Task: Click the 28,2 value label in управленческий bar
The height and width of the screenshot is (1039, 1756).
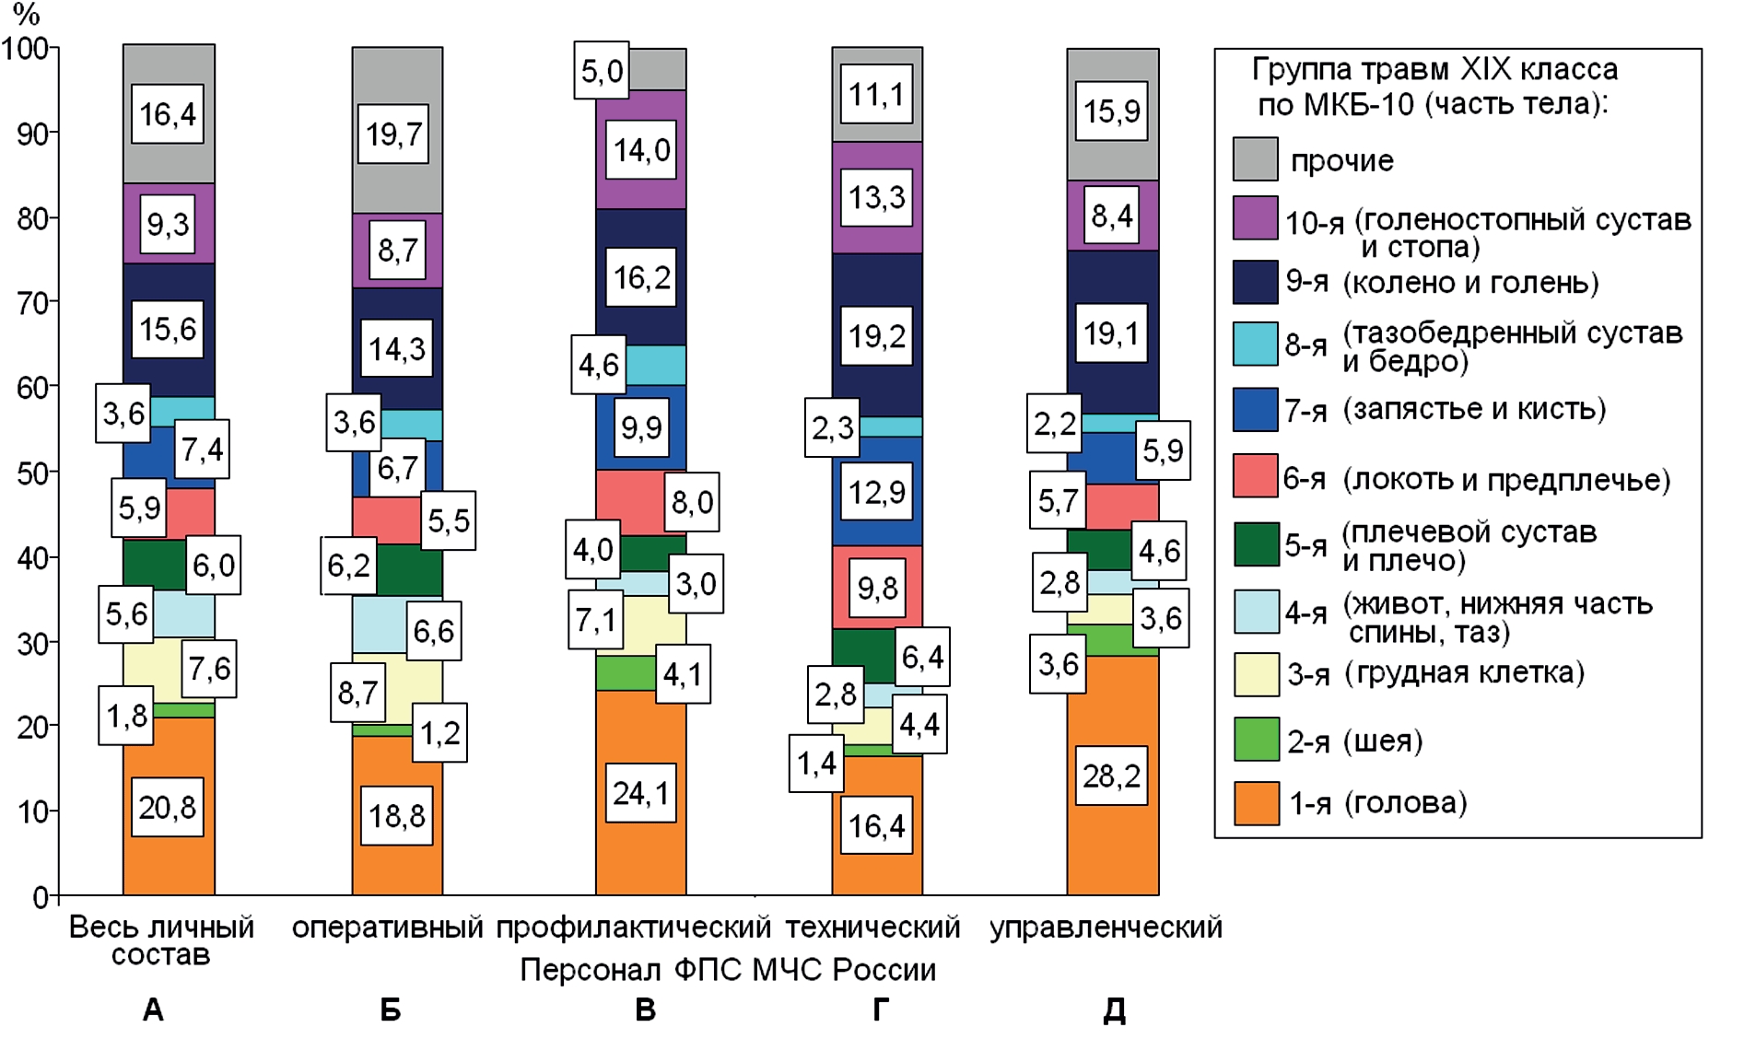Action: [x=1111, y=776]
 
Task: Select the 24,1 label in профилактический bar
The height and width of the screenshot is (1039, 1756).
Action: [x=641, y=792]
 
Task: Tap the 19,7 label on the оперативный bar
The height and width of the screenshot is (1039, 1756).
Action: [x=393, y=134]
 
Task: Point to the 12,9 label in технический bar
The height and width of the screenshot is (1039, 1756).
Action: [x=876, y=493]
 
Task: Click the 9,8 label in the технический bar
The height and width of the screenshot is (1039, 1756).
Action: [x=876, y=588]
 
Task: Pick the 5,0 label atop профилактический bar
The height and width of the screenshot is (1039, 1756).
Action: [x=602, y=70]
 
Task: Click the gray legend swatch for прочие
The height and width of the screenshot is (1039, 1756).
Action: [x=1255, y=159]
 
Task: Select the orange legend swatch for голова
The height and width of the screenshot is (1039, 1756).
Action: [x=1256, y=803]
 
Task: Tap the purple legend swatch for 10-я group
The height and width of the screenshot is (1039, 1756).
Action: [x=1255, y=218]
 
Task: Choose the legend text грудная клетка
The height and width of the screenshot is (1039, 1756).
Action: [x=1464, y=673]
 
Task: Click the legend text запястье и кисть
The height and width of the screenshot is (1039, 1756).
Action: [x=1474, y=409]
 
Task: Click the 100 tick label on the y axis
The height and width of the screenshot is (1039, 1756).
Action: [x=26, y=48]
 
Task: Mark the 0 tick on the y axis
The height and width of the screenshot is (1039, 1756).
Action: [x=41, y=896]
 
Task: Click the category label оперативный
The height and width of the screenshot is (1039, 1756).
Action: [x=387, y=927]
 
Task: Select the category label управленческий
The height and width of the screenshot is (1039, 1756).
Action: [x=1106, y=927]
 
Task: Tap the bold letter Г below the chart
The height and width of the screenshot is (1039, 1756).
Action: [x=881, y=1010]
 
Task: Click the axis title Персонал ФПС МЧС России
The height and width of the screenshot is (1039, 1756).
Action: [x=728, y=970]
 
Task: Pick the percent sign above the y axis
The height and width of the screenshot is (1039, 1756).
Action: [x=26, y=14]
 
